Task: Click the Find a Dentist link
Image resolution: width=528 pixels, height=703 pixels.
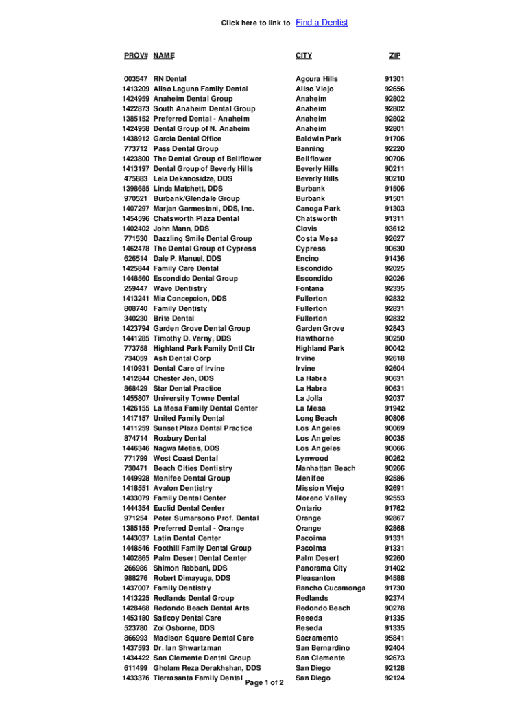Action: pyautogui.click(x=322, y=23)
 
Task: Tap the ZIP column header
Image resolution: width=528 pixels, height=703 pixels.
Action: pyautogui.click(x=394, y=56)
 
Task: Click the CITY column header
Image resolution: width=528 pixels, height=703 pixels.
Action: pyautogui.click(x=304, y=56)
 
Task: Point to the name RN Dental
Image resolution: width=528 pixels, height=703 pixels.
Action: pyautogui.click(x=170, y=79)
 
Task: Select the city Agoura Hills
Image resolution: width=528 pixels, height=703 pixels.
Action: pyautogui.click(x=317, y=79)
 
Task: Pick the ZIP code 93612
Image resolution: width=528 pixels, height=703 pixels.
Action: pyautogui.click(x=394, y=229)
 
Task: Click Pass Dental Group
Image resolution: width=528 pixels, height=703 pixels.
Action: pyautogui.click(x=186, y=149)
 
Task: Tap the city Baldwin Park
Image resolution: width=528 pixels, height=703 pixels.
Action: pyautogui.click(x=318, y=139)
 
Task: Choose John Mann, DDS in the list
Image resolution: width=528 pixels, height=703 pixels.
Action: pyautogui.click(x=181, y=229)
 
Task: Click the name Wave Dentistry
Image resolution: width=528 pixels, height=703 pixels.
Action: pyautogui.click(x=180, y=289)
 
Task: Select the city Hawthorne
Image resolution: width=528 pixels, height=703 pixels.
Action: pyautogui.click(x=315, y=338)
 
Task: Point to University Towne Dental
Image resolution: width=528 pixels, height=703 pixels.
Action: pyautogui.click(x=196, y=398)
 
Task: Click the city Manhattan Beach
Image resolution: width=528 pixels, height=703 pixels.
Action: pyautogui.click(x=326, y=468)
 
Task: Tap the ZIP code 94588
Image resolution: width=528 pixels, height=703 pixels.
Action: pyautogui.click(x=394, y=578)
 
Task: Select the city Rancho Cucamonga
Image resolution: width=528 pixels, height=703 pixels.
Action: pyautogui.click(x=331, y=588)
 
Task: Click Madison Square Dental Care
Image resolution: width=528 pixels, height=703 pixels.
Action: pyautogui.click(x=204, y=638)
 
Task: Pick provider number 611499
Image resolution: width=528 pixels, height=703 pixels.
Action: pyautogui.click(x=136, y=668)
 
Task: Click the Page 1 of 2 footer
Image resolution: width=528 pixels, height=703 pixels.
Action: pyautogui.click(x=264, y=683)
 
